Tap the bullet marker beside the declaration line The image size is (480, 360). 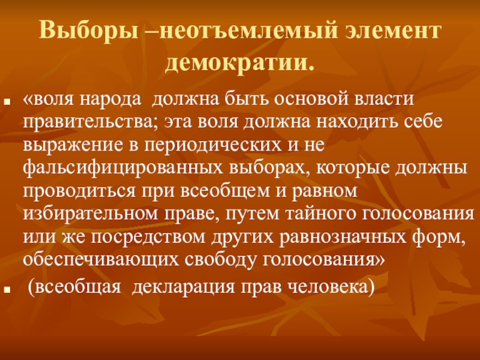[11, 287]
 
